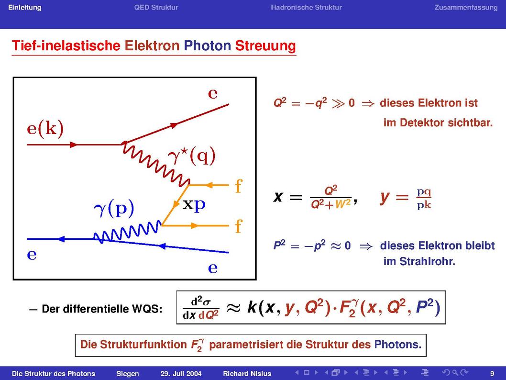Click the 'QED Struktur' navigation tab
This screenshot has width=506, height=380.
(156, 8)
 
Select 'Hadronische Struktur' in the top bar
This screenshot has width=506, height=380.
(306, 8)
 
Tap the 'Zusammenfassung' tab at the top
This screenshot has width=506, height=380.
(466, 8)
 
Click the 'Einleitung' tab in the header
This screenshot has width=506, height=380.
(24, 8)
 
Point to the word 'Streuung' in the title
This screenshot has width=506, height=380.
(265, 46)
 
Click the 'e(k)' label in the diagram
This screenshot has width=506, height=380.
(45, 129)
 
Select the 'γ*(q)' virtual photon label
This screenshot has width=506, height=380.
(192, 156)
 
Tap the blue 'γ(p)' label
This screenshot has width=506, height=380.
(114, 209)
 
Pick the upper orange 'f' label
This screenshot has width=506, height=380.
(239, 186)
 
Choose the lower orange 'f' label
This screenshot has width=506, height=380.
(239, 226)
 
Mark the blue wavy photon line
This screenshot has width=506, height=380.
(128, 232)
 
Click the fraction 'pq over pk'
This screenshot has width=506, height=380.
(424, 198)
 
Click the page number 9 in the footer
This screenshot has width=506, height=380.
(492, 374)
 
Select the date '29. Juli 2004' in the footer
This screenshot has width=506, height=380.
(181, 374)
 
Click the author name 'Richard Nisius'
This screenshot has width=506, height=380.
(247, 374)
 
